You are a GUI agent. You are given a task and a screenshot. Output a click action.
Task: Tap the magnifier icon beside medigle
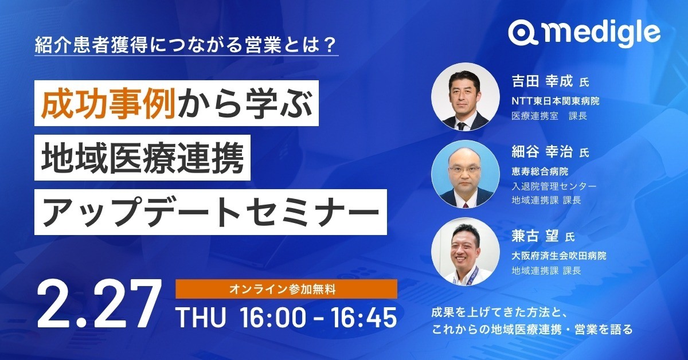pos(522,33)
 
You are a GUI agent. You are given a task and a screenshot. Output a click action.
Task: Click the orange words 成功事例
pos(108,103)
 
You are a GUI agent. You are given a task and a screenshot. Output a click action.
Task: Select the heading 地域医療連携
pos(142,158)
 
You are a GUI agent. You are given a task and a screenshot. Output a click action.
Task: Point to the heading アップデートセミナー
pos(210,212)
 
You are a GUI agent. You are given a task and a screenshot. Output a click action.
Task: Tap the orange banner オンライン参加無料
pos(286,289)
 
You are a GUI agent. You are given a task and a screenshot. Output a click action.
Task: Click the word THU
pos(201,318)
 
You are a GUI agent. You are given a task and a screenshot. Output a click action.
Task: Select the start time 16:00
pos(273,318)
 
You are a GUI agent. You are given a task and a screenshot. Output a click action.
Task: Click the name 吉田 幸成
pos(542,81)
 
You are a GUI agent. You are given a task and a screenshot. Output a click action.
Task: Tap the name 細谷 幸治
pos(542,152)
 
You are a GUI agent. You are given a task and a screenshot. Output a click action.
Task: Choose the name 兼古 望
pos(535,237)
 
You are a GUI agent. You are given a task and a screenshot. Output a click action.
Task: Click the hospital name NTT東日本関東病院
pos(556,101)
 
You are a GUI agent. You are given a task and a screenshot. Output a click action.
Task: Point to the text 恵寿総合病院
pos(540,171)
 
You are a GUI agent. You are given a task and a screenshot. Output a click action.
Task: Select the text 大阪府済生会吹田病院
pos(559,256)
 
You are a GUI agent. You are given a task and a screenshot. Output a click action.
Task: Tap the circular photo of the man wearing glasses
pos(466,174)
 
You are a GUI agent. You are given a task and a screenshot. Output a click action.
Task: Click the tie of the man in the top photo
pos(462,126)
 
